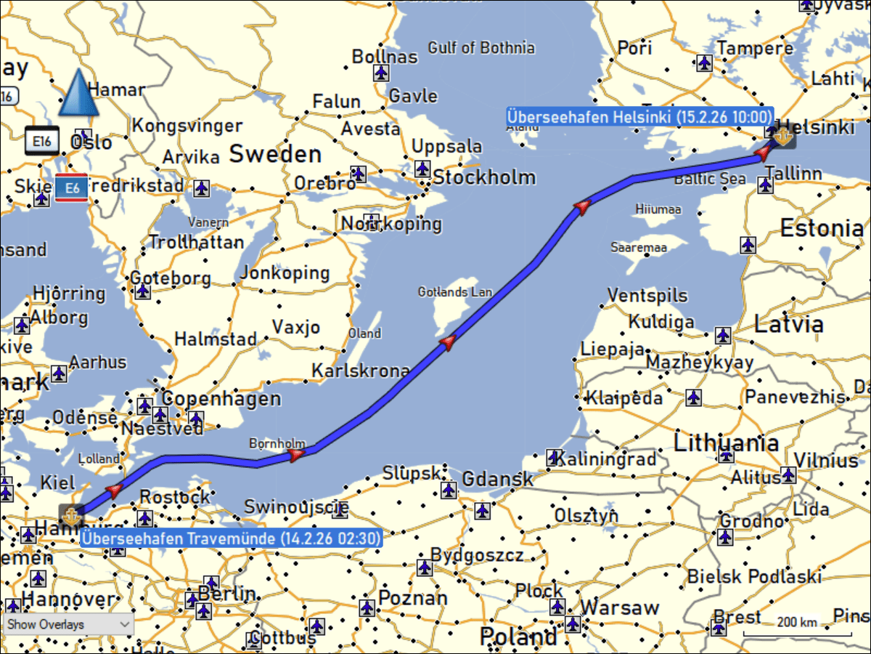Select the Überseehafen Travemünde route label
click(x=231, y=539)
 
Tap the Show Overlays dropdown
click(x=68, y=624)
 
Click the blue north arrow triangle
click(x=78, y=94)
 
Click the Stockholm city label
click(x=484, y=177)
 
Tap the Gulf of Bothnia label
click(x=481, y=48)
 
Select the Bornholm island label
click(x=277, y=443)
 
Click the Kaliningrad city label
click(x=608, y=459)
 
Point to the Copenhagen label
click(x=221, y=399)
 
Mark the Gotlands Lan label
click(x=455, y=292)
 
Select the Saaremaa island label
click(x=638, y=248)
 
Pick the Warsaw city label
click(x=620, y=607)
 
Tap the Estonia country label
click(x=822, y=228)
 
